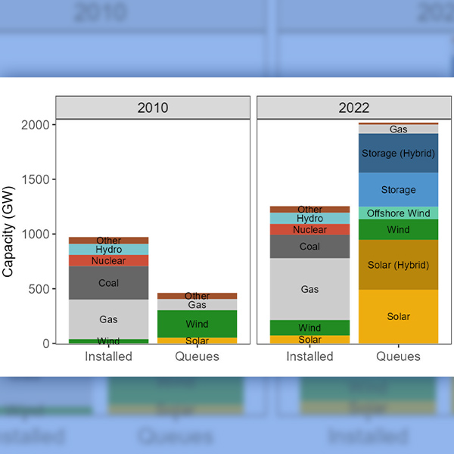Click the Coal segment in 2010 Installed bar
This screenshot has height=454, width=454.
109,283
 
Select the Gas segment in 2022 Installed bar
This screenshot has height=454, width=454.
309,289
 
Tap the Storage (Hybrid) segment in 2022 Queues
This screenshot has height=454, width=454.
399,154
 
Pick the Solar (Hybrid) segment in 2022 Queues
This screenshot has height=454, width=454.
399,265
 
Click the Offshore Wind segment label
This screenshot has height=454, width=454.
399,213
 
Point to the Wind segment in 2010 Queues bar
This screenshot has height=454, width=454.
197,324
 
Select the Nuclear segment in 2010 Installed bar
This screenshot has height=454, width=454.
109,261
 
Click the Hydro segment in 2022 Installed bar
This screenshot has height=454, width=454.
309,219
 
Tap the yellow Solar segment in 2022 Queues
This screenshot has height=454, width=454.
399,316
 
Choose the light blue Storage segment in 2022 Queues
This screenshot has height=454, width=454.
399,190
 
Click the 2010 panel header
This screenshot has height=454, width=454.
153,107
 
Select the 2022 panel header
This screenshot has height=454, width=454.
353,107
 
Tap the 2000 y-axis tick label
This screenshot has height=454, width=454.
36,125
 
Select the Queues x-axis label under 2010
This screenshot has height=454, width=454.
197,356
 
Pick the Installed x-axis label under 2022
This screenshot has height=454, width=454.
309,356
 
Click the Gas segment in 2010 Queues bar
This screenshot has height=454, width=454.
197,305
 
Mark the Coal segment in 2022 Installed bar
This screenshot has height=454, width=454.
309,247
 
